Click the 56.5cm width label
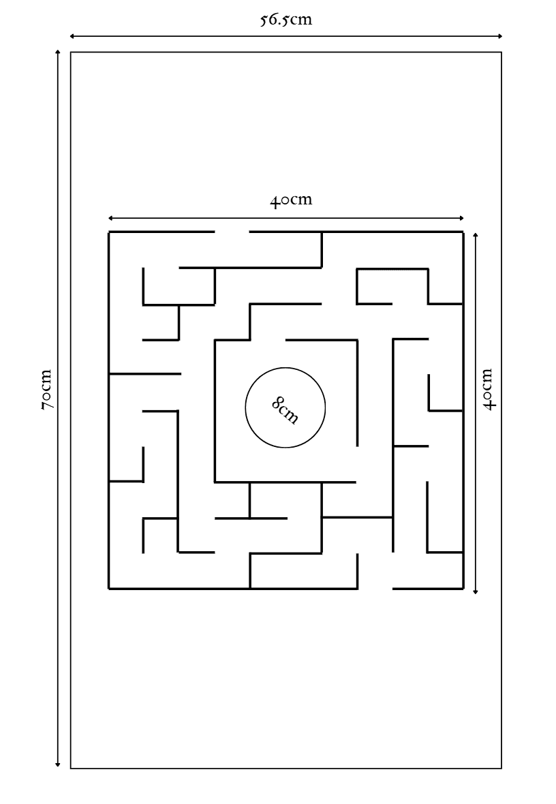pos(285,20)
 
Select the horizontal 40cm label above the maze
pos(291,200)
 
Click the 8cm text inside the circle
pos(285,409)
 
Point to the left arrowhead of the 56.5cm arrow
pos(72,36)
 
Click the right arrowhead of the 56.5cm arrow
pos(499,36)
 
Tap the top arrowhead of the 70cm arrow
pos(58,53)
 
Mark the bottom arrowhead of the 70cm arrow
pos(58,764)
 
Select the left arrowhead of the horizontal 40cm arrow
pos(111,219)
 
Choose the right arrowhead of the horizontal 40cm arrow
pos(461,219)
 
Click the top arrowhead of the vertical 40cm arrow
pos(476,235)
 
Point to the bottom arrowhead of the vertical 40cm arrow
pos(476,591)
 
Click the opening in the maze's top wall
pos(232,232)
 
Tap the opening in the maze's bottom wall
pos(375,589)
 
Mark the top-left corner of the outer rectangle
pos(71,52)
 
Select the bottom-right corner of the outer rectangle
pos(501,768)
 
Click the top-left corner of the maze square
pos(109,232)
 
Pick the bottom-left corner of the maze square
pos(109,589)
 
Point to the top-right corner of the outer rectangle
pos(501,52)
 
